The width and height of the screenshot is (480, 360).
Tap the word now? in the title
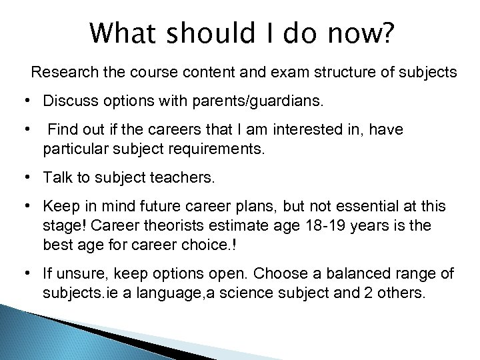[x=356, y=33]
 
